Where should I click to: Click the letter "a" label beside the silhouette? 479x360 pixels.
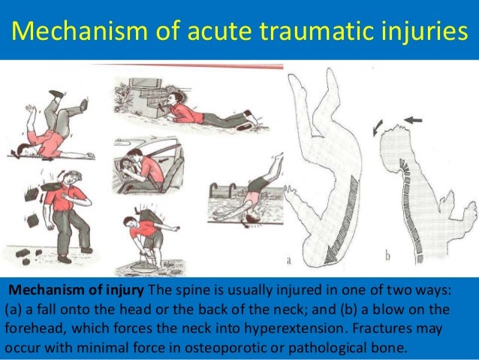288,261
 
